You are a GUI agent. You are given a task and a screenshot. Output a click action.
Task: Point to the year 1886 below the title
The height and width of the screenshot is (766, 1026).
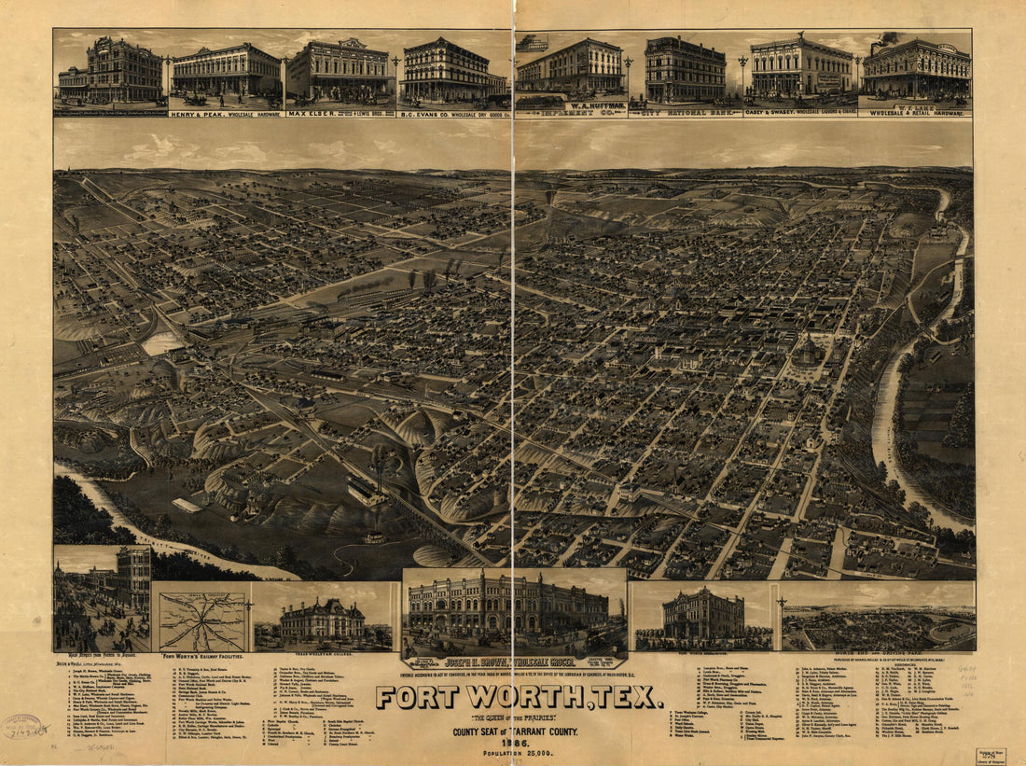tap(520, 741)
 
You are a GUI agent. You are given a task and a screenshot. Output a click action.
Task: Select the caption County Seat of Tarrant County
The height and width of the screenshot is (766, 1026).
tap(520, 731)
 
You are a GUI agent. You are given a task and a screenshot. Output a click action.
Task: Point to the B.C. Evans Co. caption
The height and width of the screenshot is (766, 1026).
tap(454, 113)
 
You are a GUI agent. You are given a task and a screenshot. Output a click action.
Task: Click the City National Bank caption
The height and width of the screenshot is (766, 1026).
tap(686, 113)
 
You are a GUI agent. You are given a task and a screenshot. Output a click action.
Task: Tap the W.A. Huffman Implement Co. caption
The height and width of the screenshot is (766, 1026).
tap(571, 108)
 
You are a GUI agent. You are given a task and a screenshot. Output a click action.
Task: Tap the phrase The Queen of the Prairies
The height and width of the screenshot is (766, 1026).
tap(519, 717)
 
